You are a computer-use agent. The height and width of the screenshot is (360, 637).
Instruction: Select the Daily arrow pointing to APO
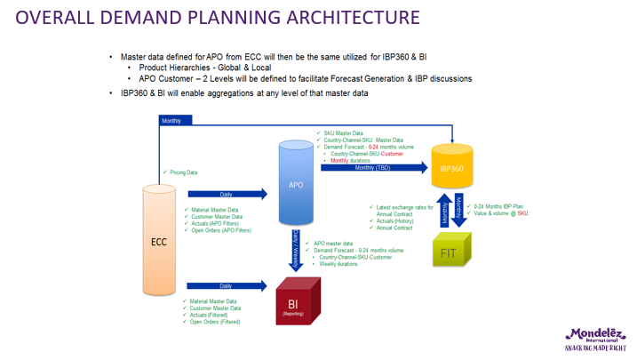(x=227, y=193)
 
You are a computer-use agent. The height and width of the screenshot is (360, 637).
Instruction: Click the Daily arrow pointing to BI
(x=227, y=286)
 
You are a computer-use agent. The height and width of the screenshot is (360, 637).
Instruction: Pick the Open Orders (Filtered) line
(x=216, y=322)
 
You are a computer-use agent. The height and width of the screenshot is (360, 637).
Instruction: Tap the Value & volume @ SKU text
(x=502, y=214)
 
